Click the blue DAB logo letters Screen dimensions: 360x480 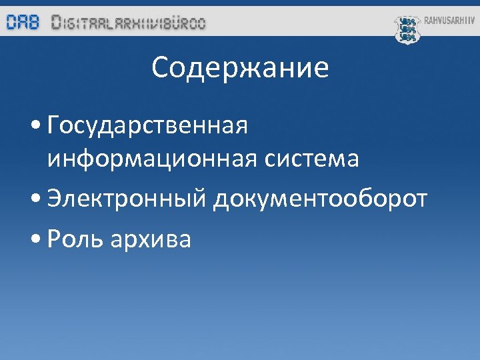click(23, 23)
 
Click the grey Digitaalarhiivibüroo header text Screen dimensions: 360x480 click(129, 23)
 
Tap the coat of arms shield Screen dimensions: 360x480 click(407, 29)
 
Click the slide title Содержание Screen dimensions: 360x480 click(240, 68)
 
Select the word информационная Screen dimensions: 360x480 click(154, 159)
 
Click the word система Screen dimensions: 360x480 click(313, 159)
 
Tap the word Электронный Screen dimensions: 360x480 click(127, 199)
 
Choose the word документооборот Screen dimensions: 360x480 click(320, 199)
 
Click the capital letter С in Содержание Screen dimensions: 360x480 click(160, 68)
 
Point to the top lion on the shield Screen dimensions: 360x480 click(407, 21)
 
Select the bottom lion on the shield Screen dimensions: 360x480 click(407, 37)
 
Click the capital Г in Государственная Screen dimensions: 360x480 click(55, 125)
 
